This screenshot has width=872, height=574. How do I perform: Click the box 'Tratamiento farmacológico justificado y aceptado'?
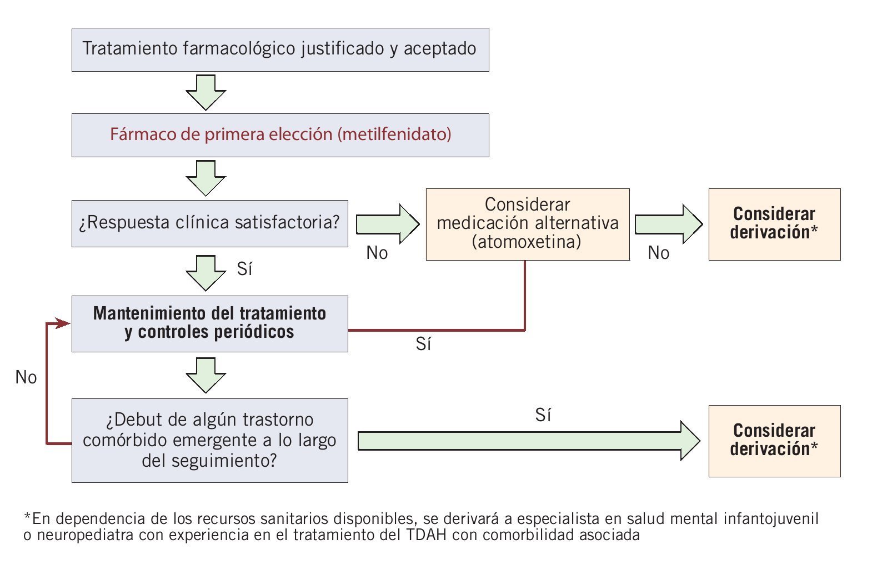[280, 49]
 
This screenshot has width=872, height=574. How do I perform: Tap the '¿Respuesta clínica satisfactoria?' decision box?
[209, 223]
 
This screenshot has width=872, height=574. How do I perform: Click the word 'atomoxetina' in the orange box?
[526, 242]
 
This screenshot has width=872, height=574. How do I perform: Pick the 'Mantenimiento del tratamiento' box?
[209, 323]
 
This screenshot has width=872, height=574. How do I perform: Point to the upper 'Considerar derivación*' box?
[774, 224]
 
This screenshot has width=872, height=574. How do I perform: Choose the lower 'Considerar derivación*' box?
[774, 441]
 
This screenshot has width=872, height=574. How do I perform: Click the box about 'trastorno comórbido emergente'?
[209, 440]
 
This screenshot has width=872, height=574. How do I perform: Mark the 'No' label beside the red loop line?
[26, 378]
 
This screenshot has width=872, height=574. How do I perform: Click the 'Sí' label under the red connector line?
[423, 345]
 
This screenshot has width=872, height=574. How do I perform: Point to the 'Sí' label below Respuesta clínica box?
[244, 269]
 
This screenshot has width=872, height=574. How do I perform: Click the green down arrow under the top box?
[206, 92]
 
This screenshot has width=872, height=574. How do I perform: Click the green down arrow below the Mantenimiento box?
[206, 375]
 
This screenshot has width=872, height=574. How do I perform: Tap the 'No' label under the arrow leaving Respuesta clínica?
[377, 253]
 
